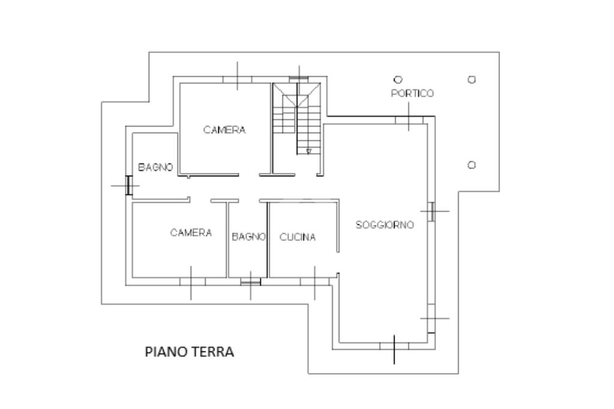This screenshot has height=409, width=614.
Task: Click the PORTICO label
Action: tap(412, 94)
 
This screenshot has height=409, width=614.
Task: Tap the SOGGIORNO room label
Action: tap(384, 225)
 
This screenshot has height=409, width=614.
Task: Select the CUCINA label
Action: tap(297, 237)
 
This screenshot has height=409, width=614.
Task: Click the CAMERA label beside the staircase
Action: tap(224, 130)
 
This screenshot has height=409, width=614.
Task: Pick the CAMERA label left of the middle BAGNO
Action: tap(191, 233)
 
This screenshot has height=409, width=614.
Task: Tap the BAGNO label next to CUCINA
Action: tap(248, 237)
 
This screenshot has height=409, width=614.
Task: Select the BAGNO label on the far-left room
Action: tap(155, 167)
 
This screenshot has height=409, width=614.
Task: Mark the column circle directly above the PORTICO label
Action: tap(397, 79)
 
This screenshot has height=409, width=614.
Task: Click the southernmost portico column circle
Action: tap(472, 165)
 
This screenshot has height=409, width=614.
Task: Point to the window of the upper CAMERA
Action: tap(237, 79)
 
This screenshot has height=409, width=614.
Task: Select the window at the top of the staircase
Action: tap(298, 78)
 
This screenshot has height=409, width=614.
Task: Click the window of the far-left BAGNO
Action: tap(128, 185)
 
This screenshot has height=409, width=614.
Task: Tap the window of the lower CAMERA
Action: tap(192, 281)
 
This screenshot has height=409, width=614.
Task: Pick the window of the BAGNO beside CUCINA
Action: tap(250, 281)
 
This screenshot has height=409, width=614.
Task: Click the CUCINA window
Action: tap(316, 281)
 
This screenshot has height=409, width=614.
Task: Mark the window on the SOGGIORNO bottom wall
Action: tap(394, 346)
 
